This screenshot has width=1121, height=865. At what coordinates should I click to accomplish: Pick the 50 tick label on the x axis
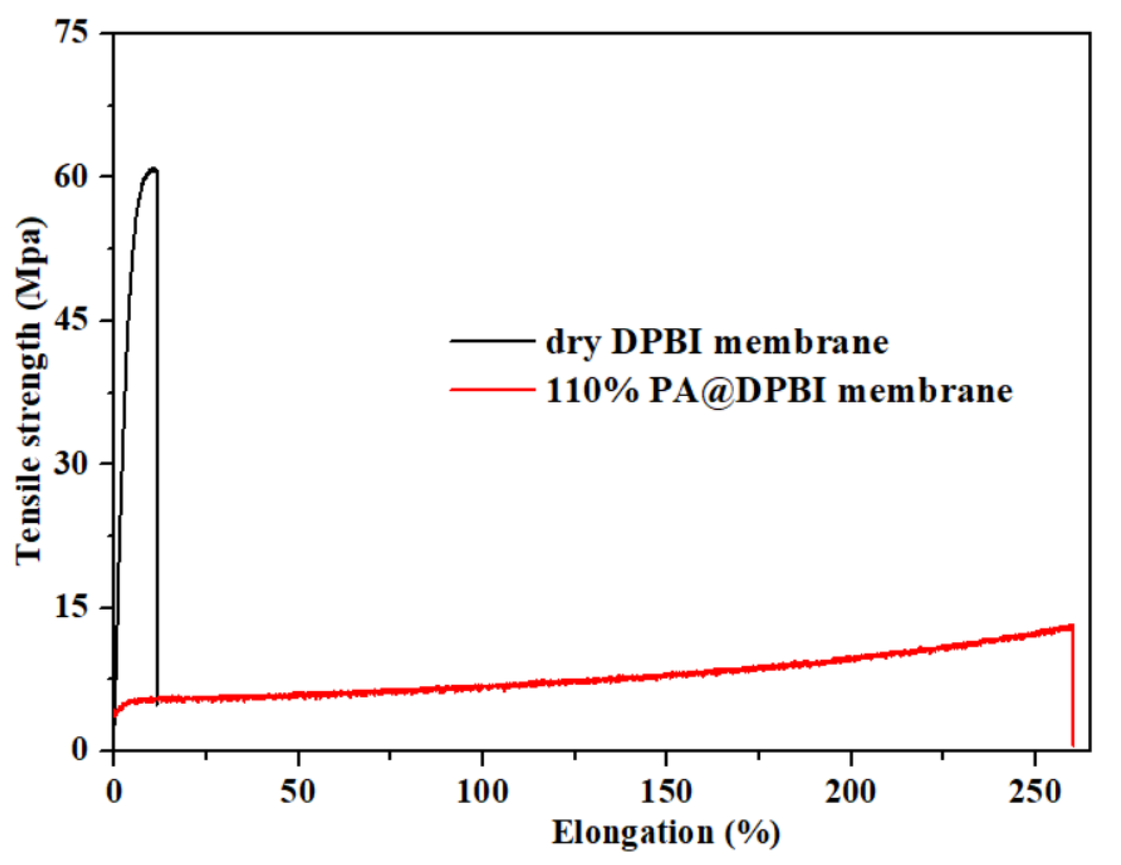pos(297,792)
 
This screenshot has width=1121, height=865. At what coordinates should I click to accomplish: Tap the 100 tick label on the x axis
pos(482,792)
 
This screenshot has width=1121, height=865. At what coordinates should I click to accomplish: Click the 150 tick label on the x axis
pos(666,792)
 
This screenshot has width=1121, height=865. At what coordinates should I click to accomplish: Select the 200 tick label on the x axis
pos(850,792)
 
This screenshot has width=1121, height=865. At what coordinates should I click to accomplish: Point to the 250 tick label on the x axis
pos(1034,792)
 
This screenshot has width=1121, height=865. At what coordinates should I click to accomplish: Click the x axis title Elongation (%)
pos(666,833)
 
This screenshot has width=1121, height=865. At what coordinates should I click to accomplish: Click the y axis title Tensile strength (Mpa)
pos(29,390)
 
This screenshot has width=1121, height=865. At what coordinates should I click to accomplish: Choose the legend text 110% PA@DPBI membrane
pos(779,391)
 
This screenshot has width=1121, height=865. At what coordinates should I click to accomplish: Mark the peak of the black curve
pos(153,169)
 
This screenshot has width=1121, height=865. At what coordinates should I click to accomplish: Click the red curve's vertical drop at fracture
pos(1072,689)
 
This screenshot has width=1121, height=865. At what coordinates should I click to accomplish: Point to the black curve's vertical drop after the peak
pos(157,430)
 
